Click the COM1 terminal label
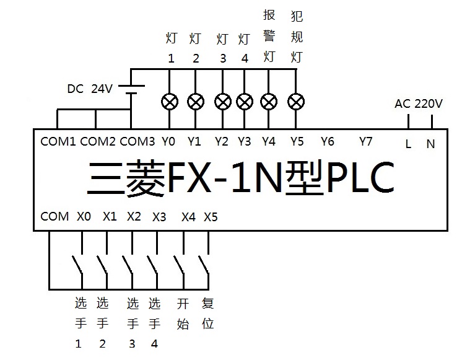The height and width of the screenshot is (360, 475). (58, 141)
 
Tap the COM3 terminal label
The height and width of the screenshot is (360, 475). (137, 141)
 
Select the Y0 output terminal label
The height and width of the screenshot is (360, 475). (168, 141)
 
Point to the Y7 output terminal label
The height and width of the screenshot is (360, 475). (366, 141)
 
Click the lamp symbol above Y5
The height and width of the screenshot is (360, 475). (297, 101)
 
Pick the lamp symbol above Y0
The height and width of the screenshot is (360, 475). (169, 101)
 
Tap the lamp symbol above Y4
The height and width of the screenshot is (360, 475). (269, 101)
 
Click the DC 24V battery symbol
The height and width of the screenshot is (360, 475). (131, 90)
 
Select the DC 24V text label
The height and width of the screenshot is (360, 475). (90, 89)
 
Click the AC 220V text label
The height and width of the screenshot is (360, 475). (419, 103)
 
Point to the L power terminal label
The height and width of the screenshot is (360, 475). (408, 144)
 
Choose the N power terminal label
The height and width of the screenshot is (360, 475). (430, 144)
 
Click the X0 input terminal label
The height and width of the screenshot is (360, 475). (84, 217)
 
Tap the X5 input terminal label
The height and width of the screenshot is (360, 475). (211, 217)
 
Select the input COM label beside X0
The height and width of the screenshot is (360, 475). (54, 216)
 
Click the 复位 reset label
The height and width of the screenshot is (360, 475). (208, 314)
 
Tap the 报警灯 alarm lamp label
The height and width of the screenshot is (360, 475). (269, 37)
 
